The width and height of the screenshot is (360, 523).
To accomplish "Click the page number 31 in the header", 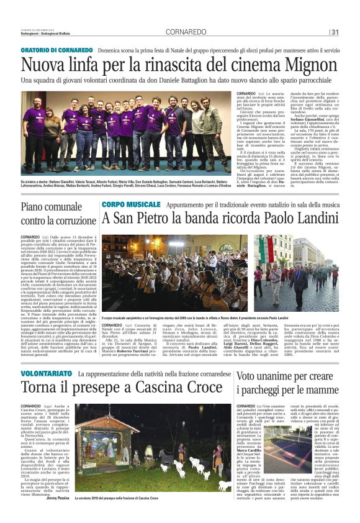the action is pyautogui.click(x=335, y=32).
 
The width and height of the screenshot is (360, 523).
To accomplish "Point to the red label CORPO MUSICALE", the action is pyautogui.click(x=131, y=204).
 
